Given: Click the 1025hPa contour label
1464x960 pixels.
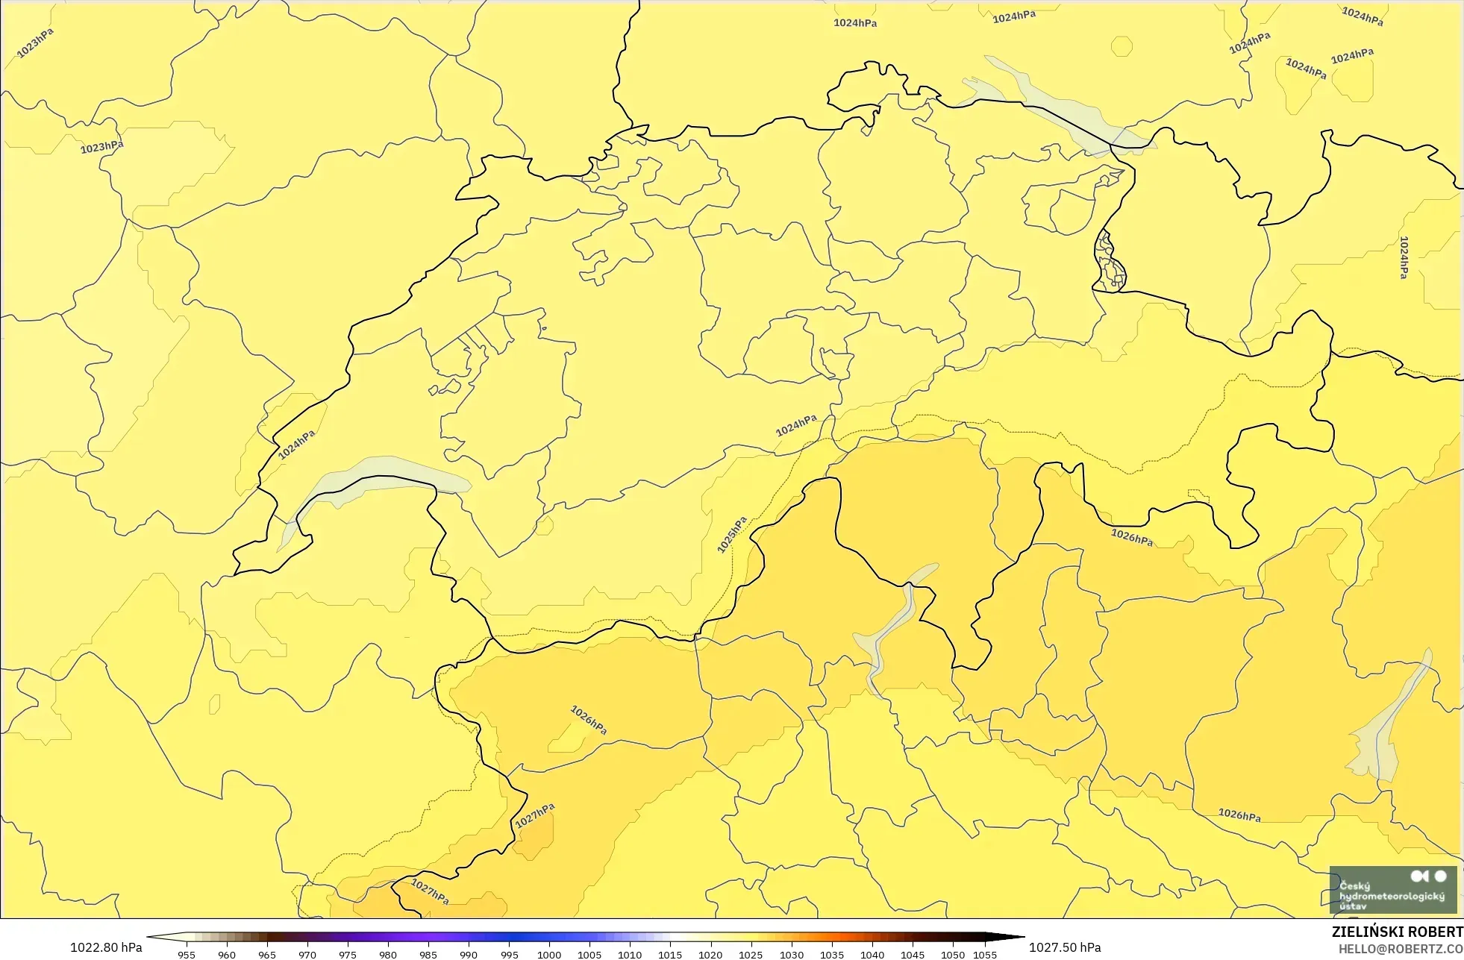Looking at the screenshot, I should pos(731,535).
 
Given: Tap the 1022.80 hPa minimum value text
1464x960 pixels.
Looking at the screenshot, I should pos(106,947).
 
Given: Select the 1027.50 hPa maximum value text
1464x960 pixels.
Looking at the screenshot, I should pos(1065,947).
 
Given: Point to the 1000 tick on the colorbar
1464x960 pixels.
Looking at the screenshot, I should pos(549,954).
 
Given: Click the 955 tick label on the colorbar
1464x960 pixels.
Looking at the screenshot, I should pos(187,955).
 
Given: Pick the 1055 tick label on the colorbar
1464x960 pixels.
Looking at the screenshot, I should pos(985,955).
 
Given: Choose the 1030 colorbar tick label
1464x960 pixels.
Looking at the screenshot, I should pos(792,955).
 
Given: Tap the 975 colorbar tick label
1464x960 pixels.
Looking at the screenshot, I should pos(348,955).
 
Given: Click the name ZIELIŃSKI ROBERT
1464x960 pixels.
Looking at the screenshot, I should pos(1397,932).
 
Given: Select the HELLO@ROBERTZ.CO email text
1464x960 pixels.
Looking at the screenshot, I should pos(1401,949).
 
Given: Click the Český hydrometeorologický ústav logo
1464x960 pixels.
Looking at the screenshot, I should pos(1392,889).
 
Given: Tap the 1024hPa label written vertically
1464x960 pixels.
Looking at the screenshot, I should pos(1404,257).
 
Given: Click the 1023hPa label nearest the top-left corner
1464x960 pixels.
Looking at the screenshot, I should pos(35,43).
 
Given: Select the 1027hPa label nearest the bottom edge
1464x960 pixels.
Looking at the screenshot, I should pos(430,891).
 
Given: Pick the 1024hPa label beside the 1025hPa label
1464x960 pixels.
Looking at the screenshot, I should pos(796,426).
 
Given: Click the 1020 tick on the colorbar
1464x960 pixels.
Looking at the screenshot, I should pos(710,954).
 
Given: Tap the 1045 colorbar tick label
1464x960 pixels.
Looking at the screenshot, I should pos(913,955).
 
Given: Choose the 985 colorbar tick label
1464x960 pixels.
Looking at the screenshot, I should pos(428,955).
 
